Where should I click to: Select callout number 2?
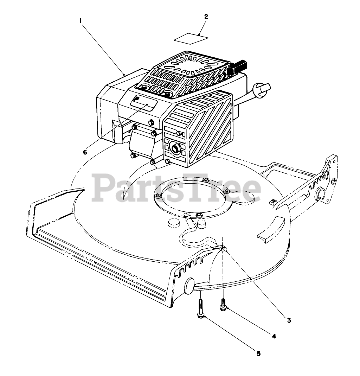[x=206, y=17]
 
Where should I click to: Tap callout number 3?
[x=289, y=320]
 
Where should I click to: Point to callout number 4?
[x=274, y=336]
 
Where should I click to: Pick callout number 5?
[x=258, y=354]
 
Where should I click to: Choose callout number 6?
[x=85, y=152]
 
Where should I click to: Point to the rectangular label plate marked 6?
[x=143, y=103]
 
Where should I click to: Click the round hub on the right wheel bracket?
[x=321, y=193]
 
